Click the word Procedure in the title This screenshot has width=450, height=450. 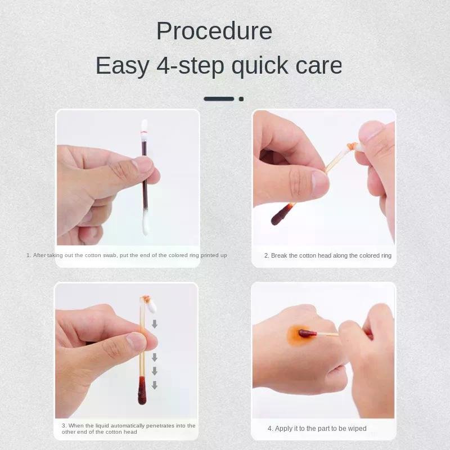[x=214, y=31]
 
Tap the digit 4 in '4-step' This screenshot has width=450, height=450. [x=164, y=65]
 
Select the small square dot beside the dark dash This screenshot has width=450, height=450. [x=241, y=99]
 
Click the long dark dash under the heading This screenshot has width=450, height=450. [x=219, y=99]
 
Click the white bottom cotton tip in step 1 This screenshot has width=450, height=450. [x=146, y=223]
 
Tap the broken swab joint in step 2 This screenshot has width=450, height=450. [x=351, y=147]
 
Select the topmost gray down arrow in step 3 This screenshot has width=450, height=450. [x=154, y=324]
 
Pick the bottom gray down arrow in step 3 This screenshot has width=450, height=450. [x=154, y=385]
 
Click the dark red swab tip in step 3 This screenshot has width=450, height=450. [x=142, y=390]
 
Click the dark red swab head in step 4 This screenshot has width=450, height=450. [x=307, y=334]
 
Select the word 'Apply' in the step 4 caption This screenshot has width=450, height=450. [x=283, y=429]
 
